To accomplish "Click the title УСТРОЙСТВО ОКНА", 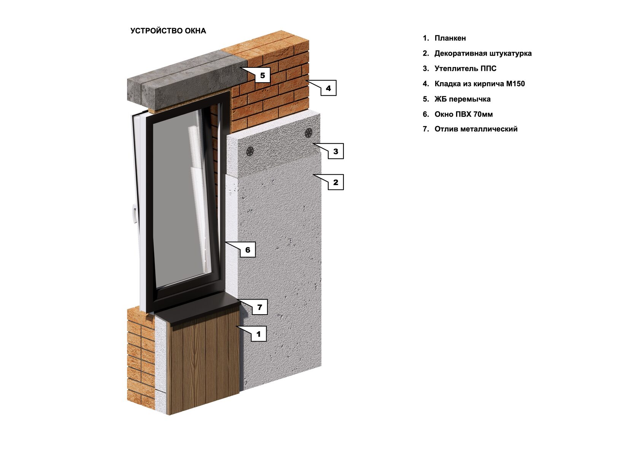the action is pos(168,31).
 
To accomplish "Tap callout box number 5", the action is pos(262,75).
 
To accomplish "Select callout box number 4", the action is pos(328,88).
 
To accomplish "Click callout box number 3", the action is pos(335,151).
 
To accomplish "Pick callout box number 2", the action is pos(335,182).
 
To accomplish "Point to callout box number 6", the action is pos(248,250).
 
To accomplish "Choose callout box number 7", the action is pos(260,307).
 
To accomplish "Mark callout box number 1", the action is pos(259,334).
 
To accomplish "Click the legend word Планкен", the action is pos(450,38).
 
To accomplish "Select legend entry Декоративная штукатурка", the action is pos(483,53).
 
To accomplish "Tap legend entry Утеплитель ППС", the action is pos(465,69).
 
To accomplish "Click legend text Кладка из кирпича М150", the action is pos(479,84).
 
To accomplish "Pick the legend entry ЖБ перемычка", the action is pos(462,99).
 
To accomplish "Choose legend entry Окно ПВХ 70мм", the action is pos(463,114).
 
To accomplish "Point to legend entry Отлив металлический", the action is pos(476,129).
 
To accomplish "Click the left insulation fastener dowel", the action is pos(250,151).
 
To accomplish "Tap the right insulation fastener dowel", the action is pos(308,133).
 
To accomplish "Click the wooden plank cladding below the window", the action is pos(203,366).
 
